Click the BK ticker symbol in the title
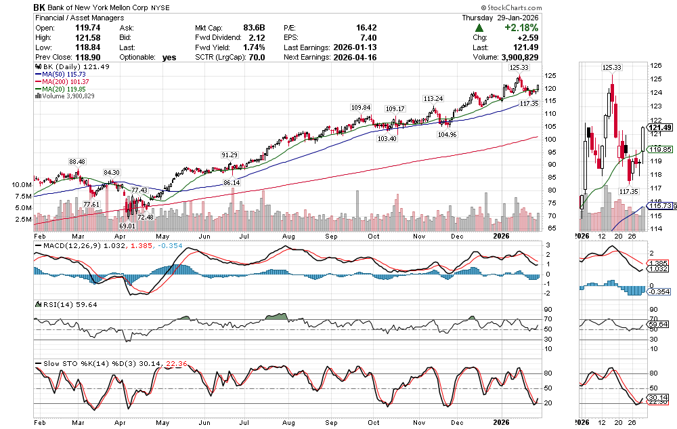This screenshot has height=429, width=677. pos(41,7)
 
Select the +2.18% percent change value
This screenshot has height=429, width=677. pos(521,28)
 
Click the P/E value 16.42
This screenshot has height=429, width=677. pos(365,28)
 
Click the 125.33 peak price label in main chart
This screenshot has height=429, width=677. pos(519,68)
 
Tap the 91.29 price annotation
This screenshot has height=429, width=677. pos(230,155)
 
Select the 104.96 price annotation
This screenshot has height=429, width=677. pos(447,134)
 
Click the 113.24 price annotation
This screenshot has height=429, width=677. pos(433,98)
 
